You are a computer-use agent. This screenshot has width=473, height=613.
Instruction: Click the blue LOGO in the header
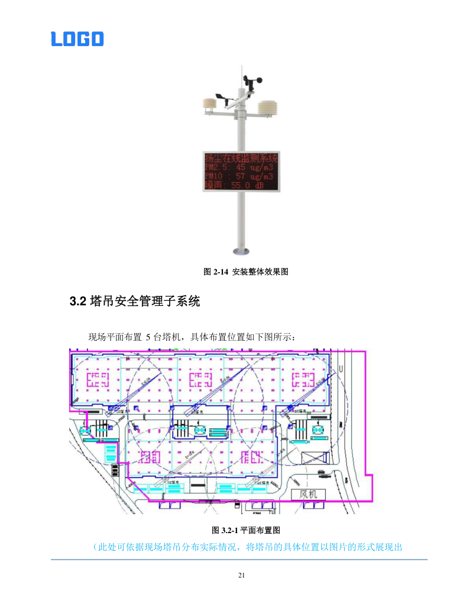point(77,39)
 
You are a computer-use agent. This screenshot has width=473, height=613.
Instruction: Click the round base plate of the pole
point(241,251)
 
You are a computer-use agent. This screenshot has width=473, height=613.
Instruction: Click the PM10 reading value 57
point(240,176)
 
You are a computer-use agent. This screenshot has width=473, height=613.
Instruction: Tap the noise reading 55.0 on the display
point(242,185)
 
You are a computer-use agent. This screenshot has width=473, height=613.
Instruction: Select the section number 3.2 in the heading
point(78,302)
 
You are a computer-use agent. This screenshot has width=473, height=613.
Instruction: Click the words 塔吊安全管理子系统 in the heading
point(145,302)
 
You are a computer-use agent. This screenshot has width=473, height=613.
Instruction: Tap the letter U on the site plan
point(341,369)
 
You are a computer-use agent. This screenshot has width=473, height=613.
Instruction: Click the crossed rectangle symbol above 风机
point(314,459)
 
